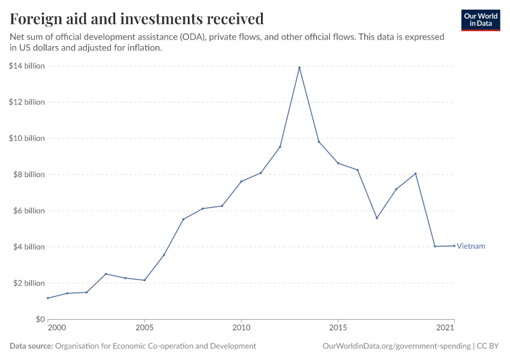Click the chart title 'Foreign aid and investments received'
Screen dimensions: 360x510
[x=137, y=19]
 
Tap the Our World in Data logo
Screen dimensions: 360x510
[x=480, y=20]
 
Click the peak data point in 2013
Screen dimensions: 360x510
[x=299, y=67]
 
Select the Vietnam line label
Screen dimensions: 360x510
[x=471, y=246]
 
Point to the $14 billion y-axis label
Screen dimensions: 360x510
[x=27, y=66]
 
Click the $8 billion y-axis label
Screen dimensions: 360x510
[x=28, y=175]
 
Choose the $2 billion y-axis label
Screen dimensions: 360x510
[x=28, y=283]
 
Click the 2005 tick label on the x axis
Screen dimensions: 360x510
[x=144, y=328]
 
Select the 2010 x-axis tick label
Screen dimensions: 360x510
[x=241, y=328]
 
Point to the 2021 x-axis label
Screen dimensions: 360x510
[x=445, y=328]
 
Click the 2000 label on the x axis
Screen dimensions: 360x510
[x=56, y=328]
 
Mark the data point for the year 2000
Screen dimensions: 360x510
[x=47, y=298]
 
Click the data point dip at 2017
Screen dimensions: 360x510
[x=377, y=218]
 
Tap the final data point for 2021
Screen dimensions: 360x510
[x=454, y=245]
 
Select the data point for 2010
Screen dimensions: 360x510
[x=241, y=181]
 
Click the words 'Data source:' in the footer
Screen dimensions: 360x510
[x=31, y=346]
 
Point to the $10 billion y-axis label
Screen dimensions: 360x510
[x=27, y=139]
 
